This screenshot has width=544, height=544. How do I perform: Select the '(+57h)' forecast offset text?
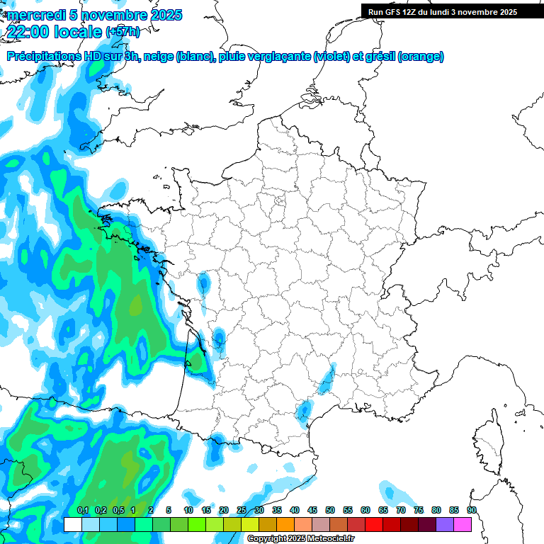pyautogui.click(x=123, y=32)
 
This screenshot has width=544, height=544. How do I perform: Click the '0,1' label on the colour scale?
pyautogui.click(x=82, y=511)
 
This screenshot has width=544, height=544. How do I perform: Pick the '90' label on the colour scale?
pyautogui.click(x=471, y=511)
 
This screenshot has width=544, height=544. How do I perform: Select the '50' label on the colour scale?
pyautogui.click(x=330, y=511)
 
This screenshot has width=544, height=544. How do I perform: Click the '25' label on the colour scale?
pyautogui.click(x=242, y=511)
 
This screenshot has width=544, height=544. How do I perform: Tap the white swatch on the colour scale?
pyautogui.click(x=72, y=524)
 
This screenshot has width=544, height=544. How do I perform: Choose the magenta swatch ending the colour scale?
pyautogui.click(x=463, y=524)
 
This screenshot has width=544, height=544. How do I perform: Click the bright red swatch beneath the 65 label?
pyautogui.click(x=374, y=524)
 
